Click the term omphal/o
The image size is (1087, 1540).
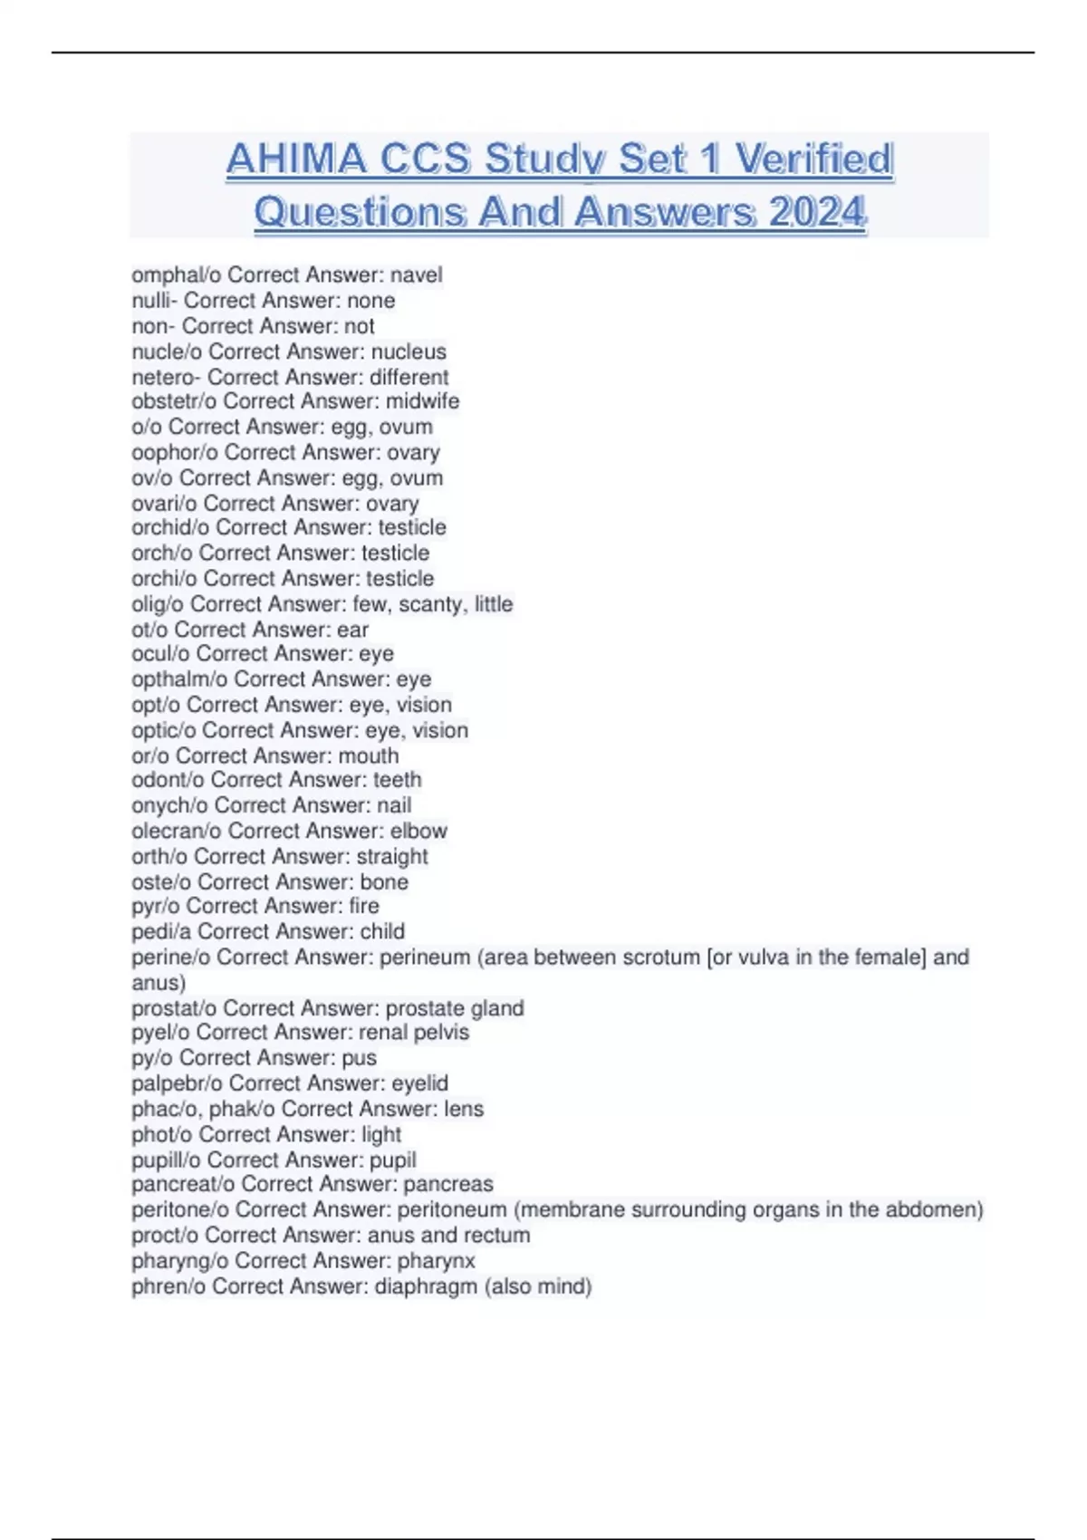[176, 275]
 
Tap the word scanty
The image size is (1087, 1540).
[430, 604]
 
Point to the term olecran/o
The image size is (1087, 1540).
[177, 831]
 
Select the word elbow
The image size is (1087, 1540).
[418, 831]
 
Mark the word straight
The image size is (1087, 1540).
[392, 856]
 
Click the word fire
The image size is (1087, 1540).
[363, 906]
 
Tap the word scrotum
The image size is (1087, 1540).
[659, 958]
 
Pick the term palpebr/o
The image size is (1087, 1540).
[177, 1083]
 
